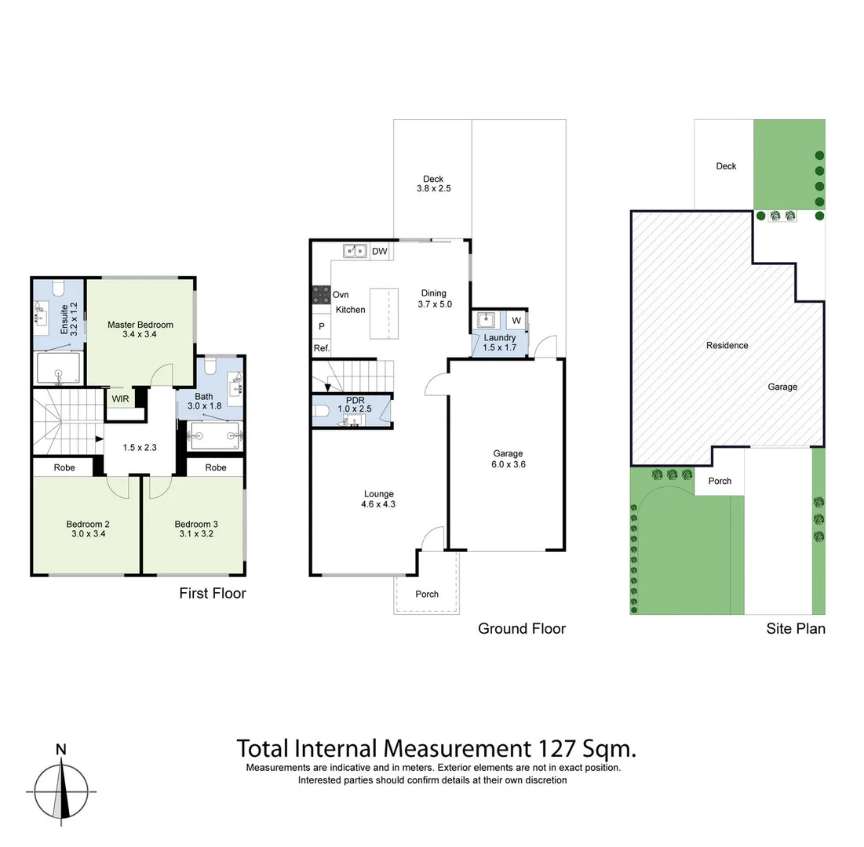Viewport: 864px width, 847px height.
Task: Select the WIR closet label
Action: tap(120, 399)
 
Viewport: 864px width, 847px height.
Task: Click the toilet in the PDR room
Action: tap(322, 409)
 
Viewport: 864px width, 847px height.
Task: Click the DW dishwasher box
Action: tap(380, 252)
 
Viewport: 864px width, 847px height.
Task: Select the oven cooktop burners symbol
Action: tap(321, 294)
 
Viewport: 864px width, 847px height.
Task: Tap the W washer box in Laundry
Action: tap(516, 320)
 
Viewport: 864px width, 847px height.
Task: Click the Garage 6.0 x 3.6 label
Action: tap(508, 459)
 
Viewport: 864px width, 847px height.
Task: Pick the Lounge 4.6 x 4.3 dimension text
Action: tap(379, 504)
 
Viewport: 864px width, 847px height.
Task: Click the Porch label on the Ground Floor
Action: tap(427, 594)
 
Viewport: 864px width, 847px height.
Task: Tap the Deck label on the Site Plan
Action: tap(726, 166)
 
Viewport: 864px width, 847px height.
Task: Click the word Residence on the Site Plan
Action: tap(727, 345)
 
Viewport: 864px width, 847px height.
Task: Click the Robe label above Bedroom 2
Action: tap(64, 467)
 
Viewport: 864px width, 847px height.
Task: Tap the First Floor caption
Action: tap(213, 593)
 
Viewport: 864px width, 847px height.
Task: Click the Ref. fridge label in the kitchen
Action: tap(321, 348)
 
